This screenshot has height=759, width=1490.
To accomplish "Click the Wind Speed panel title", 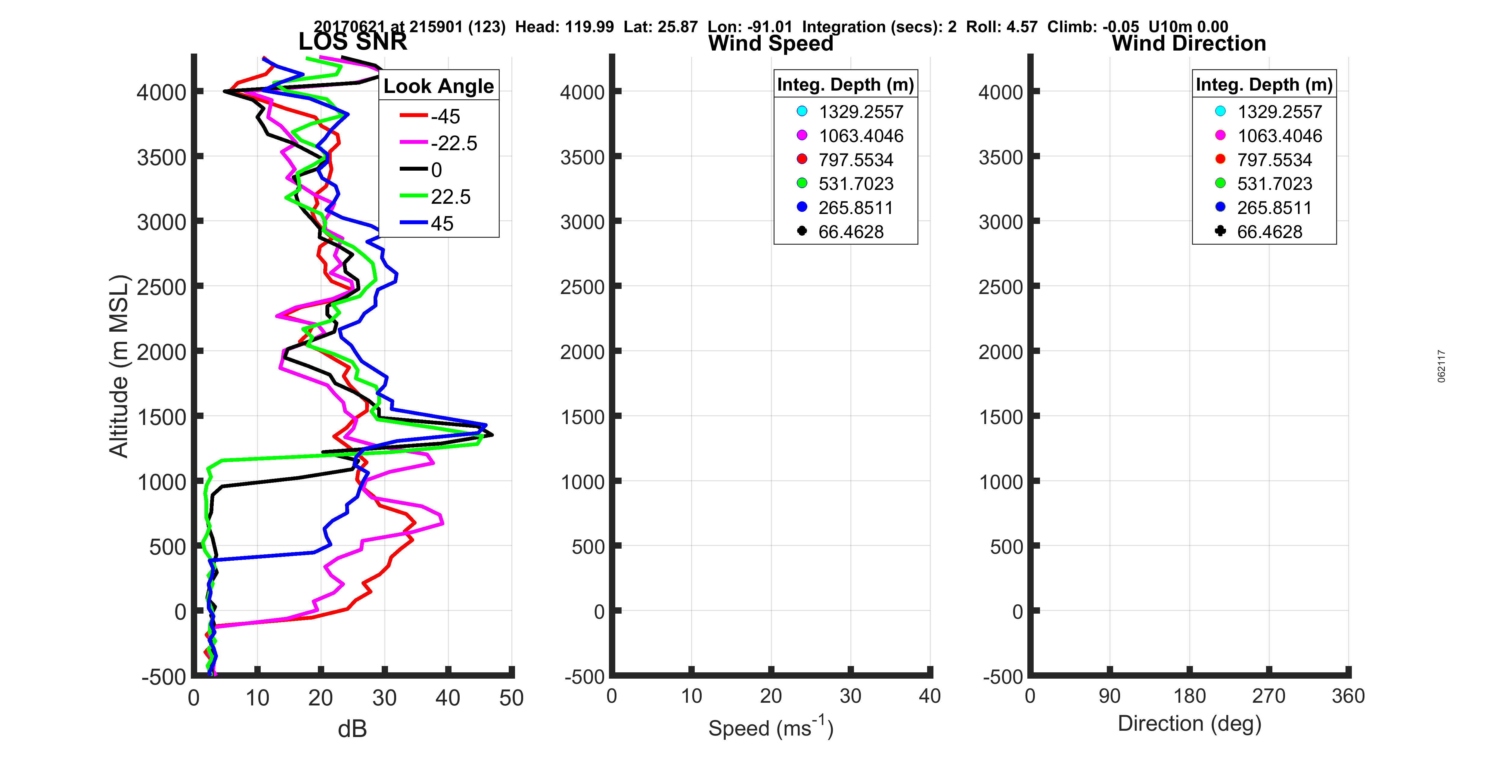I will [771, 43].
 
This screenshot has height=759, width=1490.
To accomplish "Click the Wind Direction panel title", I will [1189, 43].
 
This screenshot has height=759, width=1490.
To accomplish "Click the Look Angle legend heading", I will [439, 86].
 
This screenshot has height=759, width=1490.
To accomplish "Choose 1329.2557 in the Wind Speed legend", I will [860, 112].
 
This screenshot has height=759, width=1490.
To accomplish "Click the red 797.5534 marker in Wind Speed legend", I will [802, 159].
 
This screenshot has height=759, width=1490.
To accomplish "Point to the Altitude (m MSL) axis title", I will [119, 366].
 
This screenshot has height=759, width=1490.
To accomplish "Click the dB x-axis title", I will [352, 729].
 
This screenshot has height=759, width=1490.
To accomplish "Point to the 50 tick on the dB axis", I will [511, 698].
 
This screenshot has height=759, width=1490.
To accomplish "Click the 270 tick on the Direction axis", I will [1268, 696].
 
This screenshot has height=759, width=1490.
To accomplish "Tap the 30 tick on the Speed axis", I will [850, 696].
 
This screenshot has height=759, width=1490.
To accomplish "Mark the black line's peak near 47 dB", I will [492, 435].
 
